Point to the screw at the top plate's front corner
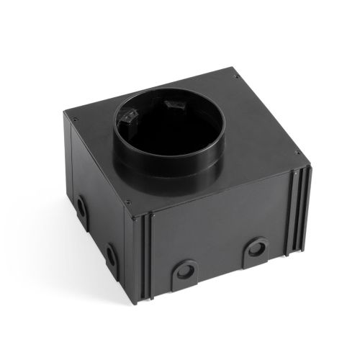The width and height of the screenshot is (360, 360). tap(128, 202)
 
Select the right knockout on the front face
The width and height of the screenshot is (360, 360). tap(255, 250)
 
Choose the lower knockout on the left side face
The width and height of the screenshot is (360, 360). tap(111, 253)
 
